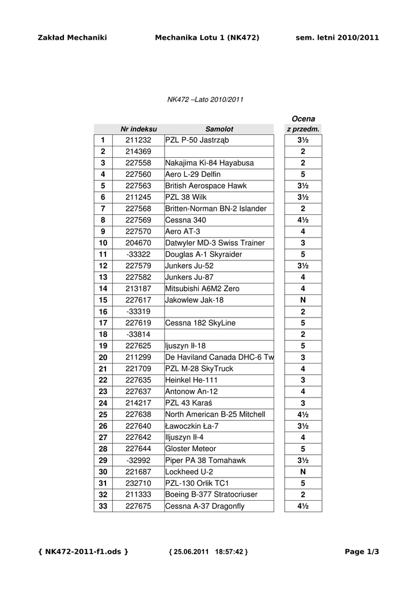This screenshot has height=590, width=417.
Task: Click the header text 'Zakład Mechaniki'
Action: (x=72, y=38)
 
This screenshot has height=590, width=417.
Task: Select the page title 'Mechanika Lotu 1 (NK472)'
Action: (x=207, y=38)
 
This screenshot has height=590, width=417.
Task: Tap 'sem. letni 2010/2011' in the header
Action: (x=337, y=38)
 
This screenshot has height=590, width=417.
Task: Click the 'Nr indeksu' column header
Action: (x=138, y=129)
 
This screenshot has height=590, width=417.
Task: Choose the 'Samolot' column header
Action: (x=219, y=129)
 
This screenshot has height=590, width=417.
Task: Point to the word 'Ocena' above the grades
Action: (x=303, y=119)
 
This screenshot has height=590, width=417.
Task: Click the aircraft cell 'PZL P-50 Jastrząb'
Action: (x=196, y=140)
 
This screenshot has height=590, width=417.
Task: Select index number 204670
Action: (x=138, y=243)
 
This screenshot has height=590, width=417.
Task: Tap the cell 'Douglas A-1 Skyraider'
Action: (x=203, y=254)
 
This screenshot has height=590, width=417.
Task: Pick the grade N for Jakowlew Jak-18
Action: (x=303, y=300)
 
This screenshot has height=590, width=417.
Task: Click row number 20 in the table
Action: (x=103, y=357)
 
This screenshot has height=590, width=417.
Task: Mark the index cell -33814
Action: (x=138, y=334)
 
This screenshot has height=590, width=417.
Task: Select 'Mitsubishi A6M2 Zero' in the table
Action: (x=202, y=289)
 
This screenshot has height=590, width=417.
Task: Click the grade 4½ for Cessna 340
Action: (x=303, y=220)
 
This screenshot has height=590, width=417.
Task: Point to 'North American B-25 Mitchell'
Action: (x=215, y=414)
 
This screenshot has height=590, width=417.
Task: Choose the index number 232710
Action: (x=138, y=483)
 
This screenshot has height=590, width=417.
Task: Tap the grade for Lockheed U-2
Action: (x=303, y=471)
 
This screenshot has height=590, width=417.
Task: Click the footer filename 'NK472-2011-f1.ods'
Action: (x=83, y=552)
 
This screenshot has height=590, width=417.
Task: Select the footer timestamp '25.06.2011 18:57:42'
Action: (x=208, y=552)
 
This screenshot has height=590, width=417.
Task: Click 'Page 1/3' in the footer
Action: (x=362, y=552)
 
